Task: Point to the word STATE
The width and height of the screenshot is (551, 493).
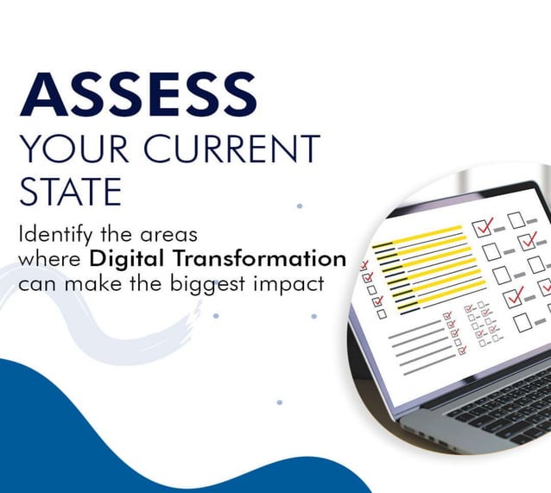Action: (x=70, y=191)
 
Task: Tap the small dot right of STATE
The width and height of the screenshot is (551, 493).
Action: (x=299, y=205)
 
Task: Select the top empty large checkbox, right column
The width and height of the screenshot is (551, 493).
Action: (x=516, y=220)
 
